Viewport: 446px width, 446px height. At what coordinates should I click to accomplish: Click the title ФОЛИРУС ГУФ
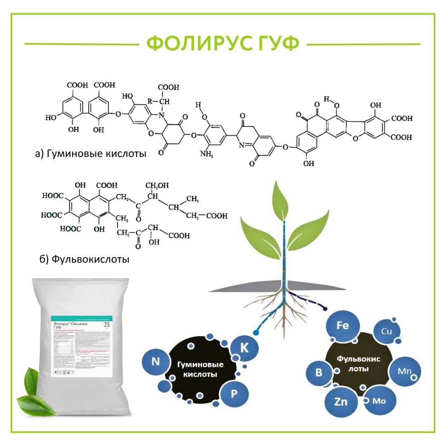coord(223,44)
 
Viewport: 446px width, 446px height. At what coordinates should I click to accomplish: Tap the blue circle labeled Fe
coord(342,326)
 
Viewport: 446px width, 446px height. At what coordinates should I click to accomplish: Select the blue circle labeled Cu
coord(387,331)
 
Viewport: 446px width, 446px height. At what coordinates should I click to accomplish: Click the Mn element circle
coord(405,370)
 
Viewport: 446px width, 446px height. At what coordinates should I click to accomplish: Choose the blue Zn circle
coord(341,402)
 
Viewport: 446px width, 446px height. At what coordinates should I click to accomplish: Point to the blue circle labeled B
coord(318,372)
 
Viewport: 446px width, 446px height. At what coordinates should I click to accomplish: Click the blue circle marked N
coord(156,362)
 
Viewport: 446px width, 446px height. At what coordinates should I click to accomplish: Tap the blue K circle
coord(244,348)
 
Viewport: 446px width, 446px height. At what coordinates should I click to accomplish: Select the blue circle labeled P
coord(234,394)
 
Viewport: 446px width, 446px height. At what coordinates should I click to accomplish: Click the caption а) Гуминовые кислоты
coord(91,154)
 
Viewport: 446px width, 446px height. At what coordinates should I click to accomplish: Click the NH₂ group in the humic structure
coord(206,154)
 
